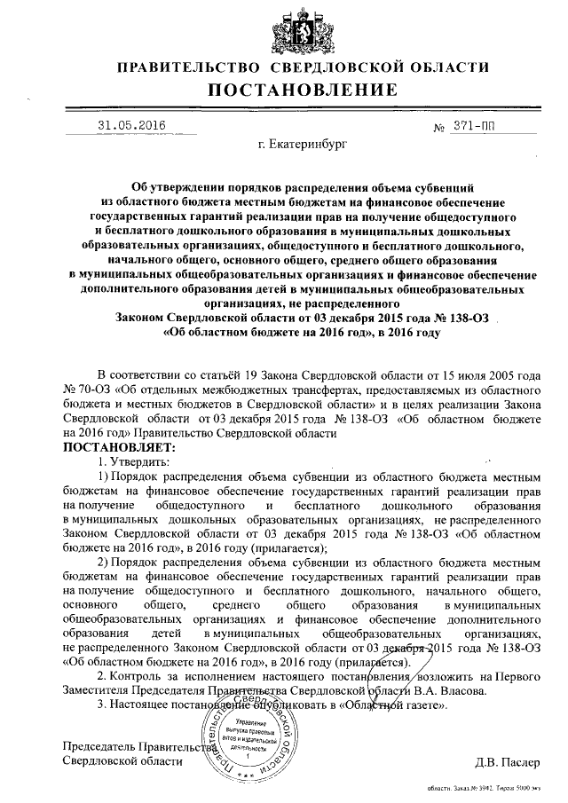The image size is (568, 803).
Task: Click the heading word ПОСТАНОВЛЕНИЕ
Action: click(303, 91)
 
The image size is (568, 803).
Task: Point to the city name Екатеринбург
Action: click(302, 143)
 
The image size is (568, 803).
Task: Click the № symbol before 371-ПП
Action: click(438, 127)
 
